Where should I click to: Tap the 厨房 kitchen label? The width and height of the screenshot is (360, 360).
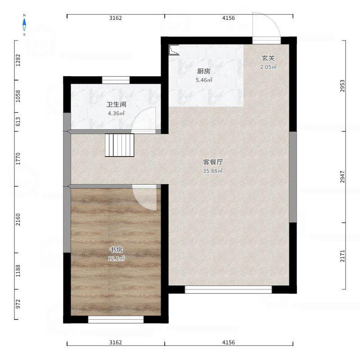click(x=204, y=71)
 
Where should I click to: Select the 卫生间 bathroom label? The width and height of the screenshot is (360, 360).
click(x=117, y=105)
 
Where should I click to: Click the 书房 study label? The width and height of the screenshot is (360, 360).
click(x=116, y=250)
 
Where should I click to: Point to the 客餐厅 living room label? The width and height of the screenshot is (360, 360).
click(x=213, y=162)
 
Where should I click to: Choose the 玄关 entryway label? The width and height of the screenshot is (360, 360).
click(x=268, y=58)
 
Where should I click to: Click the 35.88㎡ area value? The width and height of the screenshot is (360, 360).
click(x=213, y=171)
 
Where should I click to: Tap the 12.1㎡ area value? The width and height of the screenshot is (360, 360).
click(x=117, y=259)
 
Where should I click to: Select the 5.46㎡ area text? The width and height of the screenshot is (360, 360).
click(x=204, y=80)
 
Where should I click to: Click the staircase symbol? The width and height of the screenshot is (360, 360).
click(x=119, y=145)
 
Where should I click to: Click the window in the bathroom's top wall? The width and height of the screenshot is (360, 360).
click(x=116, y=80)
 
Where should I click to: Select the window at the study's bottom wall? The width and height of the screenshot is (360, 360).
click(x=116, y=319)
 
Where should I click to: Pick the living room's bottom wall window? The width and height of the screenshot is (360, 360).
click(x=229, y=290)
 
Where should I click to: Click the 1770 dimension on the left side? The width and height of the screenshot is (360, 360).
click(x=18, y=159)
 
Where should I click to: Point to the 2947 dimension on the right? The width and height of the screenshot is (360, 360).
click(x=342, y=177)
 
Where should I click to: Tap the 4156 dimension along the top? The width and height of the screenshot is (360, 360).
click(x=229, y=18)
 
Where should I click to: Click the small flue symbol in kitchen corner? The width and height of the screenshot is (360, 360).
click(x=174, y=50)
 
